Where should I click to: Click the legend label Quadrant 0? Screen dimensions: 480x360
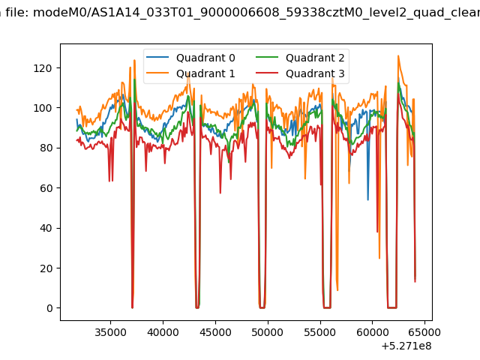pos(205,58)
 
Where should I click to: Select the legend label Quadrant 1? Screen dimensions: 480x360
pos(205,73)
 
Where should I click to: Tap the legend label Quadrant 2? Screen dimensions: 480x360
pos(315,58)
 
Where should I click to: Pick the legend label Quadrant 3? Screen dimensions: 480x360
pos(315,73)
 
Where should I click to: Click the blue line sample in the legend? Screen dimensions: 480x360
pos(157,57)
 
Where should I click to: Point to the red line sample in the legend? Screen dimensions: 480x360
pos(267,73)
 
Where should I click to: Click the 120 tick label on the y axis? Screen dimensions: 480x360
pos(43,68)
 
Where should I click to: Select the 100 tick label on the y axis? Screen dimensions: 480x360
pos(43,108)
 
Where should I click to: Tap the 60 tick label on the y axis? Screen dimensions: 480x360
pos(46,188)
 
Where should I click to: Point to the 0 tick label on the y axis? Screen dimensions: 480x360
pos(49,308)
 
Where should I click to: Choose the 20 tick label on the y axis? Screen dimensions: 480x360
pos(46,268)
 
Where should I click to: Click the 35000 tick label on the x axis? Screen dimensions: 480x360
pos(110,332)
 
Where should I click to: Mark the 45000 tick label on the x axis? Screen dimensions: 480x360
pos(215,332)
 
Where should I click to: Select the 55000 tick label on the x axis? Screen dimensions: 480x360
pos(320,332)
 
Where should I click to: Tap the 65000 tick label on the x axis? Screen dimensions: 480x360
pos(424,332)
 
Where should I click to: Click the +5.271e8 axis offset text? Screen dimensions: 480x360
pos(406,346)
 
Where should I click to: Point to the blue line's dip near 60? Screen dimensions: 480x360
pos(368,200)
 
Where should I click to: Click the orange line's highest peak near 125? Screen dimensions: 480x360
pos(398,56)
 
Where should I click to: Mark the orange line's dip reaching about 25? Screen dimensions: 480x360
pos(379,258)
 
